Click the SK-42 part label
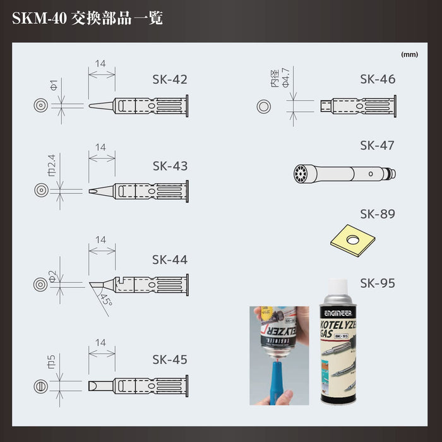click(x=170, y=80)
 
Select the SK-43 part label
click(x=170, y=166)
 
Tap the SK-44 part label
click(x=170, y=260)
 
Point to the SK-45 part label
click(x=170, y=359)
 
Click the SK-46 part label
click(x=378, y=80)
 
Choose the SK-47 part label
click(x=378, y=145)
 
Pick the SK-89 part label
click(x=378, y=214)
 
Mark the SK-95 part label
click(x=378, y=283)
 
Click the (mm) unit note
click(x=409, y=54)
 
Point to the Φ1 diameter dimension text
click(x=54, y=85)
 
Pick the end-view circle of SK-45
click(x=40, y=386)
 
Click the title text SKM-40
click(x=38, y=18)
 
